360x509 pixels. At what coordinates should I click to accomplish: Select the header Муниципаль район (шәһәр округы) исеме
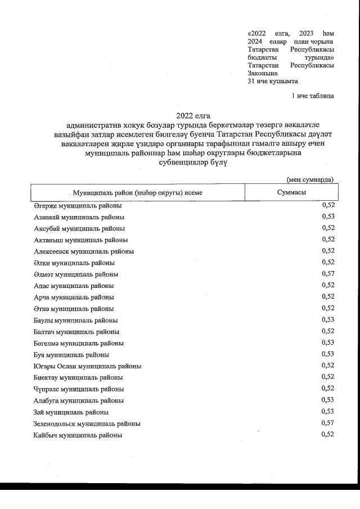tap(137, 192)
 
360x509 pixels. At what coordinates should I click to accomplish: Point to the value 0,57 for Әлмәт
tap(328, 274)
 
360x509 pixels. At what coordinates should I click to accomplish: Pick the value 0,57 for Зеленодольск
tap(328, 424)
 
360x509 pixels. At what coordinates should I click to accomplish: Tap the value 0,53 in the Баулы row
tap(328, 320)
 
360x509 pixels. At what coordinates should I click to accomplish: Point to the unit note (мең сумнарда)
tap(310, 179)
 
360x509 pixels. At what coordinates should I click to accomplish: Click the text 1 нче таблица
tap(313, 96)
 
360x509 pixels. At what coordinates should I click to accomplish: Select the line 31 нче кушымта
tap(273, 81)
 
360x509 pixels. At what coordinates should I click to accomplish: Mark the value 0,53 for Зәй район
tap(328, 412)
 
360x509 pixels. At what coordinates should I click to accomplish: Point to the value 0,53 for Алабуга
tap(328, 400)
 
